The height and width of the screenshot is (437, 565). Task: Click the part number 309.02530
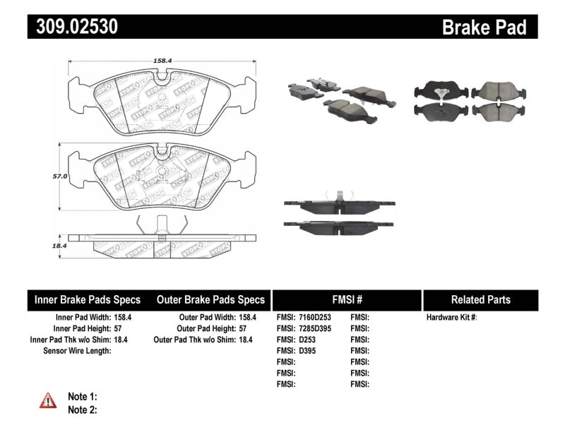click(73, 28)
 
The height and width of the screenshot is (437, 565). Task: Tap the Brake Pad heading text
click(484, 28)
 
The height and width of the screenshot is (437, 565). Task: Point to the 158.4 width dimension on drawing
click(162, 61)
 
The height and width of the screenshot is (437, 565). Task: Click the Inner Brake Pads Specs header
click(88, 299)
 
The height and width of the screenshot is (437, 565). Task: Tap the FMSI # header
click(346, 299)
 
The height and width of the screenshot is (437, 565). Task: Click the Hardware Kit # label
click(451, 318)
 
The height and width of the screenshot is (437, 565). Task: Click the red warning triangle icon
click(48, 401)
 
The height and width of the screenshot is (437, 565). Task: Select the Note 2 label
click(82, 409)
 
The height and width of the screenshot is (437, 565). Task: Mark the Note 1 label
click(82, 396)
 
